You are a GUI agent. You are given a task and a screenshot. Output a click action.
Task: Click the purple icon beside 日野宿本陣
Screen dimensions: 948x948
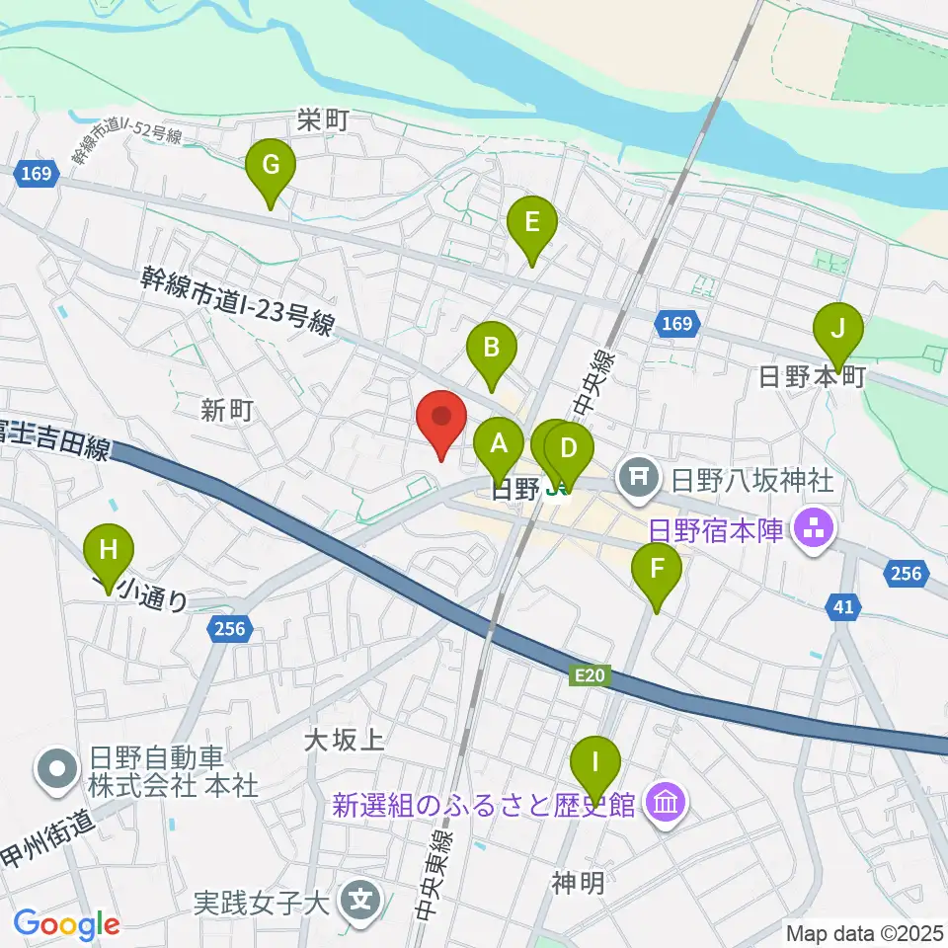(x=815, y=531)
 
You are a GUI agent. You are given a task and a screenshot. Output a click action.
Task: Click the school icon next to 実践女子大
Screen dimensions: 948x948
(x=357, y=901)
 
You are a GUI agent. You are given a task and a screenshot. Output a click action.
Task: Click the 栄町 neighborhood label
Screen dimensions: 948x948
(x=324, y=121)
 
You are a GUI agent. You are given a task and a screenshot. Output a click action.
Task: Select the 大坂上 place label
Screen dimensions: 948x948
(x=344, y=739)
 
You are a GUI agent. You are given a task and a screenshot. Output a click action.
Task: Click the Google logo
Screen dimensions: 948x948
(x=67, y=924)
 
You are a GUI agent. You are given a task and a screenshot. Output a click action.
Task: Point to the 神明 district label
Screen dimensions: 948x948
(x=578, y=883)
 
